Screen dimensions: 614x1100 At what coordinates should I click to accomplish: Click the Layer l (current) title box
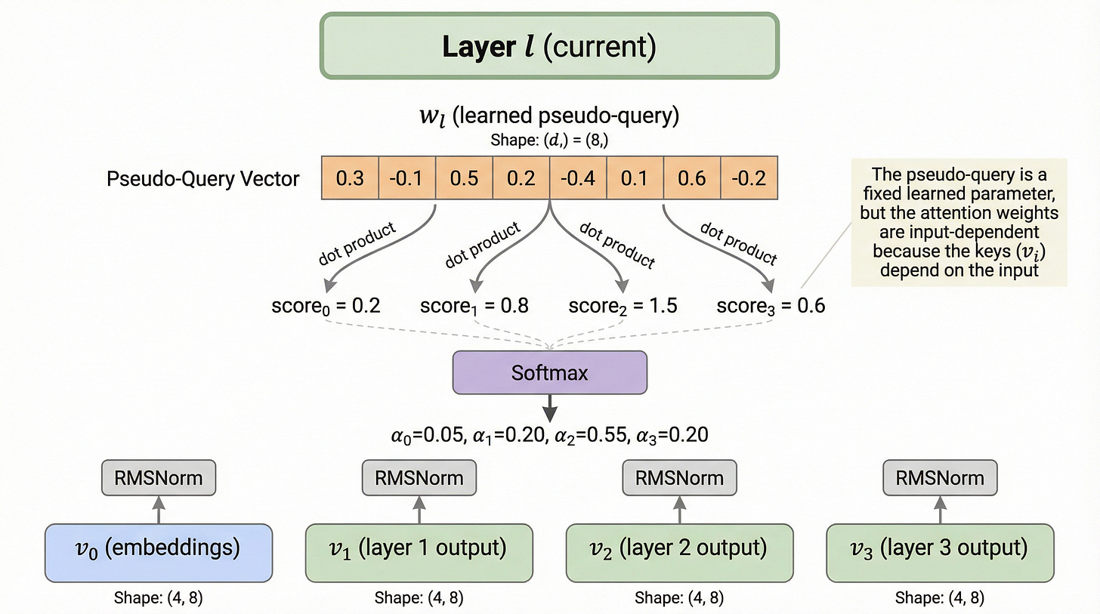point(549,46)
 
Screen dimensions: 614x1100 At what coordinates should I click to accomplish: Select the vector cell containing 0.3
point(349,178)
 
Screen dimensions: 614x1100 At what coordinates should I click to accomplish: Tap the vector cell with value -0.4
point(577,178)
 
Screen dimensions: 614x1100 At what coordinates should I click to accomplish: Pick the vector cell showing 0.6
point(691,178)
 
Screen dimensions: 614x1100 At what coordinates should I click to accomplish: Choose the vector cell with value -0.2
point(748,178)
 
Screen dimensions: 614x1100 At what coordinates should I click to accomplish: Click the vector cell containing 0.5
point(463,178)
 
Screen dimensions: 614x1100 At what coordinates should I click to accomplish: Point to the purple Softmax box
point(549,372)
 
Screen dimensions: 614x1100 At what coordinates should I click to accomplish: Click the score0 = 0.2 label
point(325,306)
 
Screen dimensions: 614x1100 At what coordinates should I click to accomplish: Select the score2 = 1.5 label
point(623,306)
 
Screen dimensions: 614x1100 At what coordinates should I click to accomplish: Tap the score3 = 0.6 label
point(771,306)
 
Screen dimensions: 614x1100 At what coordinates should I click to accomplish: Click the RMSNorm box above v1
point(419,477)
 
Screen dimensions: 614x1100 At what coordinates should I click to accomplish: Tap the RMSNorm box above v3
point(940,477)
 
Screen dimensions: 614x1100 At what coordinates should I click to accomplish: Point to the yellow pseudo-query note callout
point(959,222)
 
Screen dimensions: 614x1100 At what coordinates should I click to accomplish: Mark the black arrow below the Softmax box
point(549,409)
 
